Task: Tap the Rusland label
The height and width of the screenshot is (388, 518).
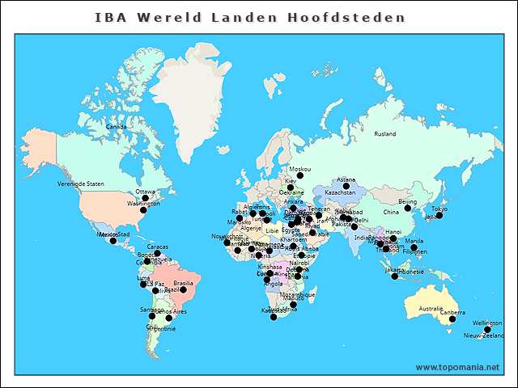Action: coord(385,133)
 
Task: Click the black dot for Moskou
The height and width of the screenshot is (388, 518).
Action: coord(299,175)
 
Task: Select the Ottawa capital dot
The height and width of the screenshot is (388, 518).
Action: coord(146,198)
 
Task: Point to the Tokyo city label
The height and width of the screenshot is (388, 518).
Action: coord(439,209)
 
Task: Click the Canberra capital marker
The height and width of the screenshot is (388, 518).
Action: coord(452,319)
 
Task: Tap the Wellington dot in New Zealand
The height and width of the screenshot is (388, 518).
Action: coord(487,329)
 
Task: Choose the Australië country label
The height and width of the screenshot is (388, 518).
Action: coord(431,309)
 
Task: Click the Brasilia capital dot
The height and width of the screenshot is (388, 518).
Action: coord(183,289)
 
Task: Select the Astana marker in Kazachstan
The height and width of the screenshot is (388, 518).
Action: coord(346,186)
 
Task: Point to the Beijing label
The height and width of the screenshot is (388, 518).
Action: coord(408,201)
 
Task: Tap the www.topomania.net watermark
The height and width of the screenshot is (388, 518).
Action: coord(457,368)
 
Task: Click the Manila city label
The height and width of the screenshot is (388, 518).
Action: coord(414,241)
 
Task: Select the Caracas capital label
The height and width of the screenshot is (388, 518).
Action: coord(157,247)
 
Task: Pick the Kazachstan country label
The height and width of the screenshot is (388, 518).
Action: coord(340,193)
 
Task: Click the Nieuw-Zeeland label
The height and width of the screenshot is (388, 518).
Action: coord(484,335)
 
